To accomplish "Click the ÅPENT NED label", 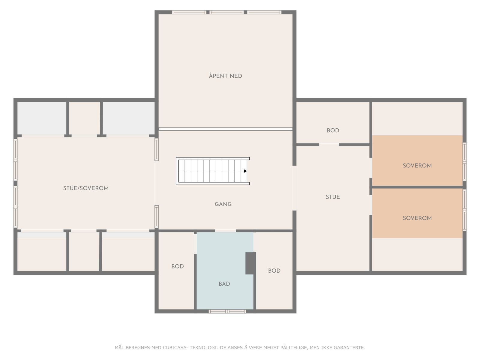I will click(x=225, y=76).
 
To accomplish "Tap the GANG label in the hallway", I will click(x=223, y=204).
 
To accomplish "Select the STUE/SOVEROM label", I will click(x=86, y=188).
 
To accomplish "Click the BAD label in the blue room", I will click(x=224, y=284).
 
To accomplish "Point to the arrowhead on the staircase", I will click(x=245, y=171).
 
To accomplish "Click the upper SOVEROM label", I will click(x=417, y=166).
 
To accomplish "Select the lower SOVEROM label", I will click(x=417, y=218).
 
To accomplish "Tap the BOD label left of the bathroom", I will click(x=177, y=266).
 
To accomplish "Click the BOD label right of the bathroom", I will click(x=274, y=271).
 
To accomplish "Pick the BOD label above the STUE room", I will click(x=333, y=130).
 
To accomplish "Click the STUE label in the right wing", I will click(x=333, y=197).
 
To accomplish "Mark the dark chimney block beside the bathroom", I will click(x=250, y=263).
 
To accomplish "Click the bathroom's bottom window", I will click(x=227, y=311).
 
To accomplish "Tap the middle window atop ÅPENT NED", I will click(x=226, y=12).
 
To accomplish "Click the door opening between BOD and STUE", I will click(x=329, y=145).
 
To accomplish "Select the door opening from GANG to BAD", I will click(x=225, y=231).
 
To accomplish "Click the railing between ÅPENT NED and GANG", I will click(x=225, y=129).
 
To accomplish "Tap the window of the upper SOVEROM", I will click(x=464, y=162).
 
